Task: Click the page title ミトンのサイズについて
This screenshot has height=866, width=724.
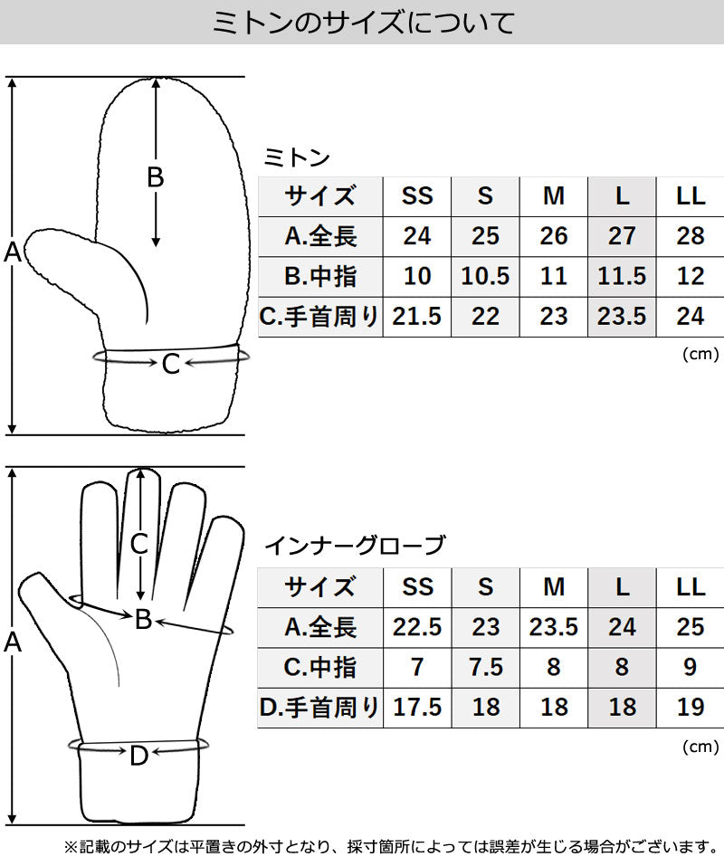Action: pyautogui.click(x=364, y=24)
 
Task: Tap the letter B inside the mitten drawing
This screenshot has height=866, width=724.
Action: pyautogui.click(x=156, y=177)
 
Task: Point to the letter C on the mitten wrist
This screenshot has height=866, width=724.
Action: pyautogui.click(x=171, y=364)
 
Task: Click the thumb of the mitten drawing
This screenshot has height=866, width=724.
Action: pyautogui.click(x=83, y=265)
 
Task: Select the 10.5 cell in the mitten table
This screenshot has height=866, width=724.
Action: pyautogui.click(x=485, y=276)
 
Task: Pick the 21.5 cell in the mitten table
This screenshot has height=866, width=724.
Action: pyautogui.click(x=417, y=317)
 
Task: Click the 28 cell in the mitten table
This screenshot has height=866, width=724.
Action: pyautogui.click(x=691, y=236)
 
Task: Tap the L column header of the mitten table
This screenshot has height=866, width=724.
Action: pyautogui.click(x=622, y=196)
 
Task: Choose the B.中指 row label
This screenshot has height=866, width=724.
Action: pyautogui.click(x=320, y=276)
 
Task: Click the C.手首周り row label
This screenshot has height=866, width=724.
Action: pyautogui.click(x=319, y=317)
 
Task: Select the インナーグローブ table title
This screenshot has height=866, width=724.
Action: pyautogui.click(x=355, y=546)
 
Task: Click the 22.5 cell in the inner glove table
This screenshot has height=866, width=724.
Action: pyautogui.click(x=417, y=627)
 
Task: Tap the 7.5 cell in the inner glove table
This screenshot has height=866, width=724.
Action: pyautogui.click(x=485, y=667)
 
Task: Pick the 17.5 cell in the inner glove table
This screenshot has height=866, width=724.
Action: pyautogui.click(x=417, y=708)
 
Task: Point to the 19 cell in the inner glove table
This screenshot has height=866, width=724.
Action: pyautogui.click(x=691, y=708)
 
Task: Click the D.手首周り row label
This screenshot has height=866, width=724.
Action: pyautogui.click(x=319, y=708)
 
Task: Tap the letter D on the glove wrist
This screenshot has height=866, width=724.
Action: pyautogui.click(x=139, y=756)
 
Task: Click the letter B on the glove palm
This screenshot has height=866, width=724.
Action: pyautogui.click(x=144, y=620)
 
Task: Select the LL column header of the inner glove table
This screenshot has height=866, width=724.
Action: pyautogui.click(x=691, y=587)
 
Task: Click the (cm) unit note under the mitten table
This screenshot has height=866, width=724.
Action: pyautogui.click(x=700, y=354)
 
